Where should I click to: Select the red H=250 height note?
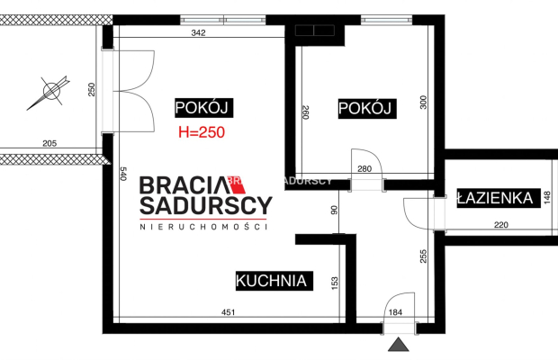[202, 132]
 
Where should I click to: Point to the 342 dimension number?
[198, 32]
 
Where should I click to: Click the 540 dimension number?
[123, 174]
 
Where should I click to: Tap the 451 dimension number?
[228, 312]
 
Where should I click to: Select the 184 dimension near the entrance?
[395, 312]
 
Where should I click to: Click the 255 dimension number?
[423, 256]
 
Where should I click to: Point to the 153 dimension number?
[335, 283]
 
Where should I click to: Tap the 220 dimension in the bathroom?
[501, 225]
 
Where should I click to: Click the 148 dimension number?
[547, 198]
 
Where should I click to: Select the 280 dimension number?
[364, 169]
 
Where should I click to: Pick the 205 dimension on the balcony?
[49, 143]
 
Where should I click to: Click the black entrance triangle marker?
[398, 345]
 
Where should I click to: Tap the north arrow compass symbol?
[49, 92]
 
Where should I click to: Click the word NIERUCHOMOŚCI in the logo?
[203, 227]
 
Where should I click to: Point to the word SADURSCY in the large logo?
[206, 205]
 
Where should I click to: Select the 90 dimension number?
[334, 210]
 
